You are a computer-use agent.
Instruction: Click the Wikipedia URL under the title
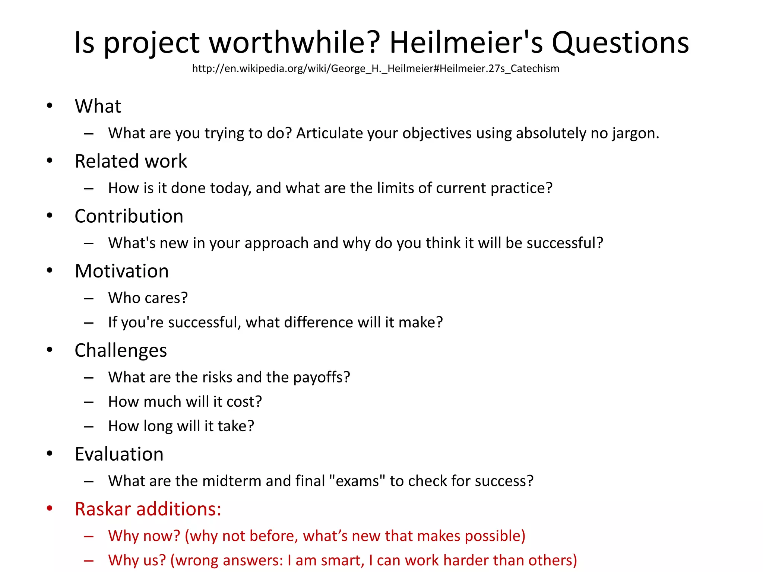[x=376, y=69]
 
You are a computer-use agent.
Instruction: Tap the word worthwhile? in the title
[x=295, y=43]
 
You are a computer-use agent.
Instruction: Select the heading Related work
[x=131, y=161]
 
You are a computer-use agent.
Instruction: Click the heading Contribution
[x=129, y=216]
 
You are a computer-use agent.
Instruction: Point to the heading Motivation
[x=122, y=271]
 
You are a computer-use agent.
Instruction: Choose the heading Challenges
[x=121, y=350]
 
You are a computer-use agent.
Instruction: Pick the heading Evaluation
[x=119, y=454]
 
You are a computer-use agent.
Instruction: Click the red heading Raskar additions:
[x=148, y=509]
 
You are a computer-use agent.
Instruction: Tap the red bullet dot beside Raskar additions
[x=50, y=509]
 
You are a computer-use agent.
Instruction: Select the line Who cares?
[x=148, y=298]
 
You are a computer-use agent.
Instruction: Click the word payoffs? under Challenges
[x=322, y=378]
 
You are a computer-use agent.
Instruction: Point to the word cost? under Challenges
[x=244, y=402]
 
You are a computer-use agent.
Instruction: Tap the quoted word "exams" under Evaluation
[x=357, y=481]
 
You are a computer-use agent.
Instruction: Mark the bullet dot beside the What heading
[x=50, y=106]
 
